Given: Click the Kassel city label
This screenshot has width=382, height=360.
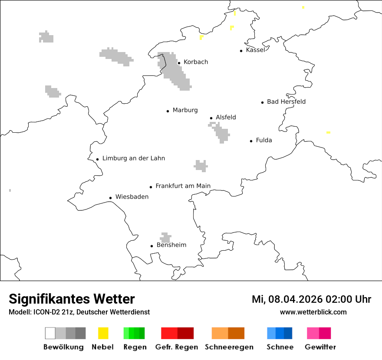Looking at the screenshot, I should point(255,50).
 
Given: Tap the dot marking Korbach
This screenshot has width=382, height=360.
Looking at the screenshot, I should point(179,63).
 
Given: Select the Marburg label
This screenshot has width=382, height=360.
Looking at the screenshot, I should point(185,110).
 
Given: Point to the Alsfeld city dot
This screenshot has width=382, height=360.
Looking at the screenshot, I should point(211,118).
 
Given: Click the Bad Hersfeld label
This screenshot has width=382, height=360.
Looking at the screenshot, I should point(286,101).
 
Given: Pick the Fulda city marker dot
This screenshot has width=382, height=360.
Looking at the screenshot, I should point(251,141).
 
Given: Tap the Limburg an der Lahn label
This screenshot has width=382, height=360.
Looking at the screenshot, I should point(134,158).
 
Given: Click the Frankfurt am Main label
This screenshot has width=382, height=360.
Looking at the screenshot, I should point(183,186).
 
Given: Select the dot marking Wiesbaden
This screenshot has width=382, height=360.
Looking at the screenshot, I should point(111,198).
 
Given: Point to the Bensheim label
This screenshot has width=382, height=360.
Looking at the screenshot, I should point(171,245).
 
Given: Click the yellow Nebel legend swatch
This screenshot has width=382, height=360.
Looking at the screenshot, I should point(103,333).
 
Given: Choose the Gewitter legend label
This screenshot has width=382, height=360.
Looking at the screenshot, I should point(320,347).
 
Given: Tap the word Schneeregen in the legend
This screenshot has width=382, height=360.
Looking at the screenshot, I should point(229,347).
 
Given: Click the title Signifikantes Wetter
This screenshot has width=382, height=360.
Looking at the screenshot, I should point(72,299).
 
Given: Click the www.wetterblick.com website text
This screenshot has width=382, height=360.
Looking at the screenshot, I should point(313,312).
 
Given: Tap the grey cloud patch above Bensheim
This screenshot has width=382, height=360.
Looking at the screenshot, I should point(165,237).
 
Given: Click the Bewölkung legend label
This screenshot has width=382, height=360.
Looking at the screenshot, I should point(63,347).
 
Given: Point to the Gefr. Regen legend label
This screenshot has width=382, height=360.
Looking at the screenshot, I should point(177,347).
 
